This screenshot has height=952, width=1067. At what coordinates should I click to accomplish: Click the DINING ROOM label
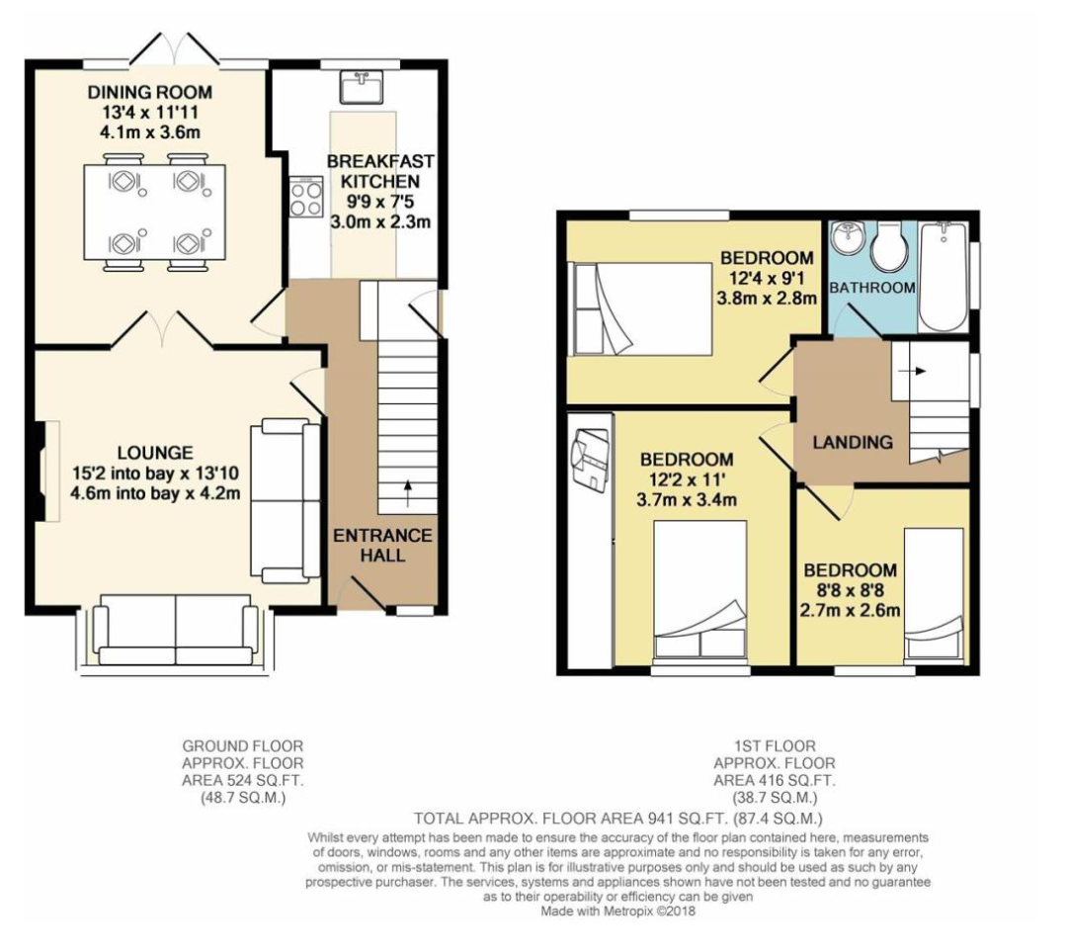[149, 93]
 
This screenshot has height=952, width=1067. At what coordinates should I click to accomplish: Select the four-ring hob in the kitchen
[306, 198]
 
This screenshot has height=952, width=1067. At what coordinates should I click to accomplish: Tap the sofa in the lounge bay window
[176, 630]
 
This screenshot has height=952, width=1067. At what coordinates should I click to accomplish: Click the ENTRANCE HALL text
[382, 545]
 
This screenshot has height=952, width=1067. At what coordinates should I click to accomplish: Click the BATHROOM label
[871, 288]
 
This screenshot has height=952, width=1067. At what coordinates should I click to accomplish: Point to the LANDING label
[852, 443]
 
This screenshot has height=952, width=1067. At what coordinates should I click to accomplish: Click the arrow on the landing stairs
[919, 372]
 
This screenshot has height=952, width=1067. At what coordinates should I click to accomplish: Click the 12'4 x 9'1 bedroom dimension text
[767, 279]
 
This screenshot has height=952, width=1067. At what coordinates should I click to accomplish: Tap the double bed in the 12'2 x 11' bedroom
[699, 588]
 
